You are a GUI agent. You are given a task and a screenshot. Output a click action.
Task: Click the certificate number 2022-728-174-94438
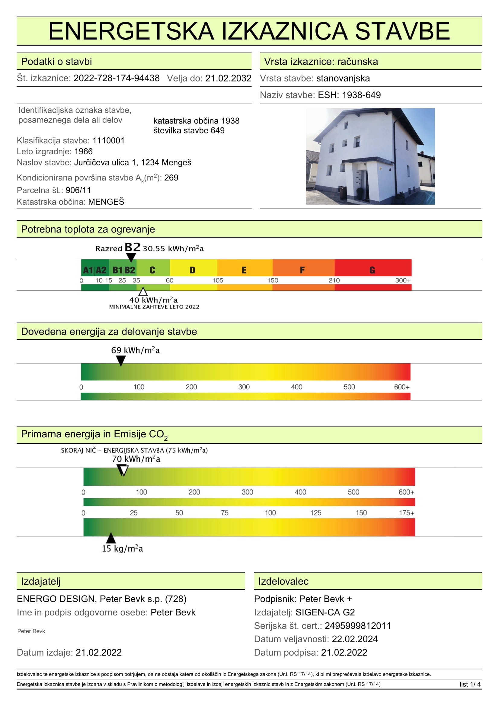pyautogui.click(x=117, y=78)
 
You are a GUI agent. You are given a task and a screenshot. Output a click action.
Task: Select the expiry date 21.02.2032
pyautogui.click(x=228, y=78)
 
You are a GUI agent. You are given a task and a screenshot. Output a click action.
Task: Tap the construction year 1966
pyautogui.click(x=83, y=151)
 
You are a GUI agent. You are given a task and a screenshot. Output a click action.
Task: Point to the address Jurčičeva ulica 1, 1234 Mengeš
pyautogui.click(x=133, y=162)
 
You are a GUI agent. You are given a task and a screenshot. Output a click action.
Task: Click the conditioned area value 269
pyautogui.click(x=171, y=178)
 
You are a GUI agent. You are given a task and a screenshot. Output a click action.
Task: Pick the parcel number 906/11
pyautogui.click(x=78, y=190)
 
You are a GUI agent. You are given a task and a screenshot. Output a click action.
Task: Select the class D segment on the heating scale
pyautogui.click(x=193, y=270)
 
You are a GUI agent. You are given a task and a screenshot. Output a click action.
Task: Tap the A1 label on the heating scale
pyautogui.click(x=88, y=270)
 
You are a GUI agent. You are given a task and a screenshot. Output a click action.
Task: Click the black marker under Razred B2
pyautogui.click(x=131, y=257)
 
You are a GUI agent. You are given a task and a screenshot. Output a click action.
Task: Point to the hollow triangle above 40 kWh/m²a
pyautogui.click(x=143, y=292)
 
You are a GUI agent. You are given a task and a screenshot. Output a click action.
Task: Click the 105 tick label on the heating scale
pyautogui.click(x=218, y=280)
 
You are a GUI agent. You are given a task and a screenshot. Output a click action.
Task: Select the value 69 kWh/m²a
pyautogui.click(x=135, y=350)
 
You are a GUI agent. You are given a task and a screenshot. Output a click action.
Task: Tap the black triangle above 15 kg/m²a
pyautogui.click(x=111, y=538)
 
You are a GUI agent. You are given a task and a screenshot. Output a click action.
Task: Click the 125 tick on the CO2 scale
pyautogui.click(x=316, y=513)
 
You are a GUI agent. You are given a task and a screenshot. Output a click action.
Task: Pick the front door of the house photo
pyautogui.click(x=365, y=186)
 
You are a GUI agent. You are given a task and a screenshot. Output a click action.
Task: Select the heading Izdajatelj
pyautogui.click(x=41, y=581)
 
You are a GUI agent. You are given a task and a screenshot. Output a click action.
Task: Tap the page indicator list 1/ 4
pyautogui.click(x=470, y=684)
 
